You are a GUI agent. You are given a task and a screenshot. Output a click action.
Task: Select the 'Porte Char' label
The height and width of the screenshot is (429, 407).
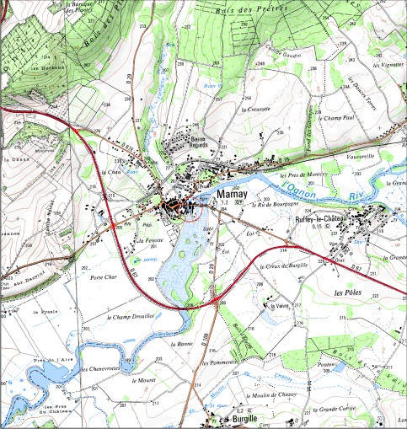pyautogui.click(x=105, y=276)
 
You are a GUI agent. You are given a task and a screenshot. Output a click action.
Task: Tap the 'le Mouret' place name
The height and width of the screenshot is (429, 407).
pyautogui.click(x=145, y=381)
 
